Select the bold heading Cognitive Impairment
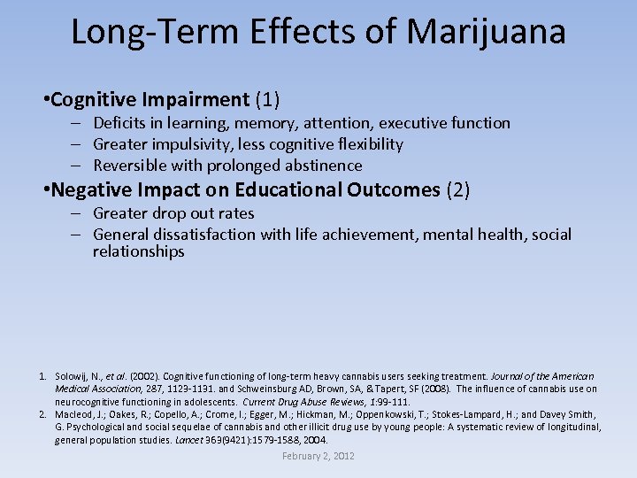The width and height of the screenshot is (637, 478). [x=150, y=99]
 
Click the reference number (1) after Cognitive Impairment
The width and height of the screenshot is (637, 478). [x=267, y=99]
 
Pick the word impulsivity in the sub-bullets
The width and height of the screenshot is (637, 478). [x=195, y=144]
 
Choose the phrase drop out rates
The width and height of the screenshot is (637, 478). [x=203, y=213]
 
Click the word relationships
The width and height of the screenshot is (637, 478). [x=139, y=251]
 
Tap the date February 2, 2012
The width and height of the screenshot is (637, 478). [x=318, y=456]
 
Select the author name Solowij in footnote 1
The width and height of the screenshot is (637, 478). [x=72, y=376]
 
